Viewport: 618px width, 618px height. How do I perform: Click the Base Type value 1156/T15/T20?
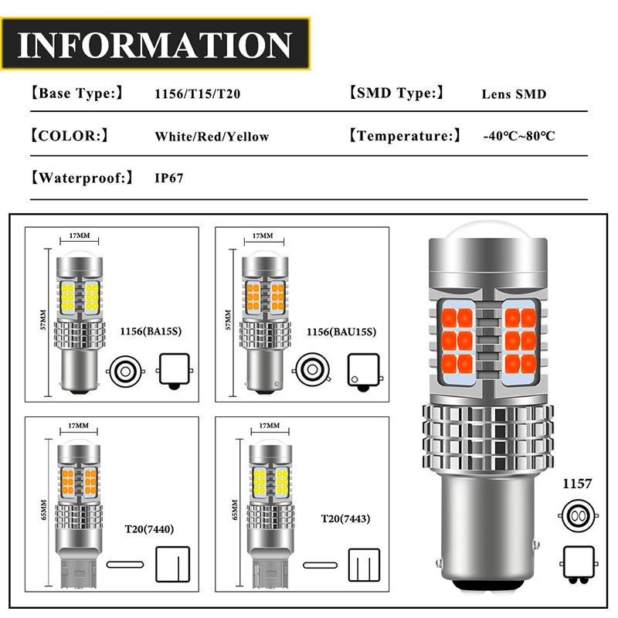(197, 94)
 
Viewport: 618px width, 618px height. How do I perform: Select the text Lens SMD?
(514, 94)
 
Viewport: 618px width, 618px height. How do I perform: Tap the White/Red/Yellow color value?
(212, 137)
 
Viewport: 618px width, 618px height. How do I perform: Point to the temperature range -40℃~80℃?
(518, 137)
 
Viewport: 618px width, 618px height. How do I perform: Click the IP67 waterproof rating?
(169, 178)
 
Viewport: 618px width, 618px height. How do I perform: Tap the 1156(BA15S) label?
(148, 332)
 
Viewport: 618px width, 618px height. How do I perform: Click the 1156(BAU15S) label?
(342, 332)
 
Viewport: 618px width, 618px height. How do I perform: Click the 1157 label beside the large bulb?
(577, 484)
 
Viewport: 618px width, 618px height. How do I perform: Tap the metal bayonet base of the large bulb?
(485, 541)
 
